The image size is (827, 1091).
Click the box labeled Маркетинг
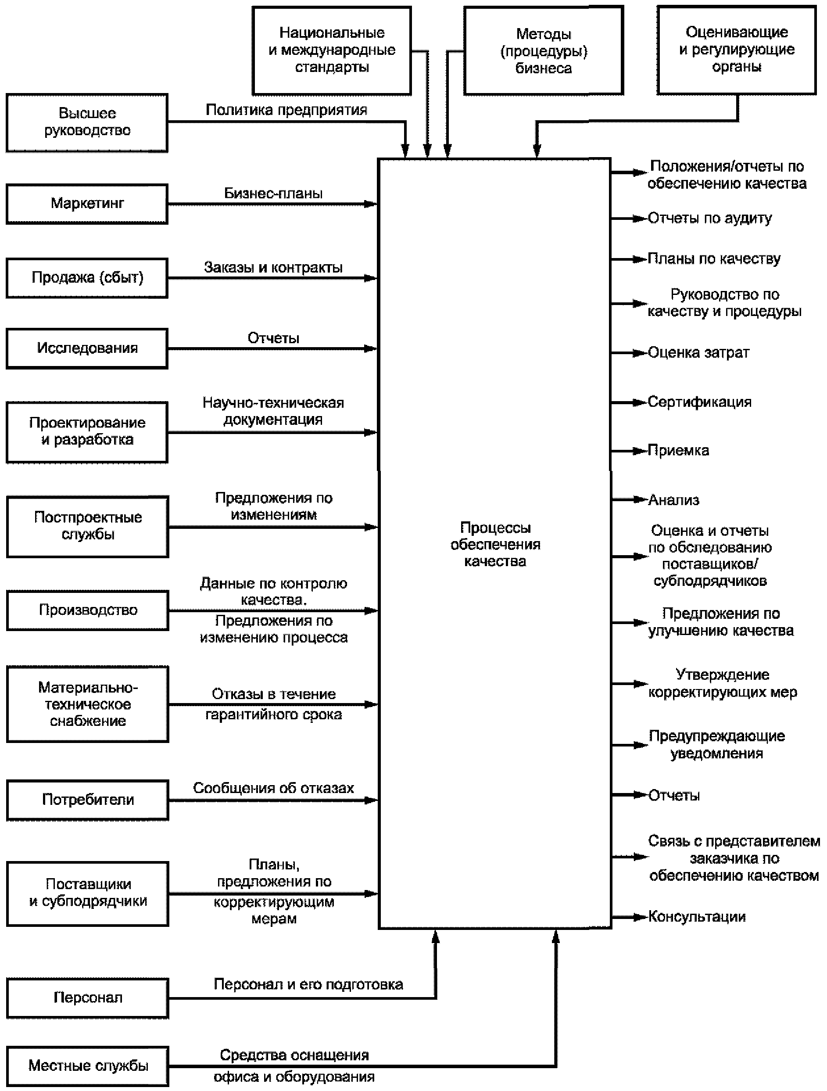(87, 204)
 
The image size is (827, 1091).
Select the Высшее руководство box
(87, 122)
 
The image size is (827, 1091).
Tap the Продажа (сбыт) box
(87, 278)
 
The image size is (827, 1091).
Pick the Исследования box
(87, 348)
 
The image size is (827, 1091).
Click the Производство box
(87, 610)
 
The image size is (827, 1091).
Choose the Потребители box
(87, 800)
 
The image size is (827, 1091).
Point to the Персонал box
(87, 998)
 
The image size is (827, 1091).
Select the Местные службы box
(87, 1066)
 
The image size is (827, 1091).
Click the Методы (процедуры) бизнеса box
(544, 51)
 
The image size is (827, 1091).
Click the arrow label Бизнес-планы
(273, 194)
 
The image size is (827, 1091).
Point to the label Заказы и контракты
(273, 268)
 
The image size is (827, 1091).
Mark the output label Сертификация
(699, 402)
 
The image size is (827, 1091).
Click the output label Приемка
(678, 450)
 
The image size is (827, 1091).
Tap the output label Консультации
(696, 917)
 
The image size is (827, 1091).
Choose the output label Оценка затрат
(698, 353)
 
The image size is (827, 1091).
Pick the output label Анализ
(673, 500)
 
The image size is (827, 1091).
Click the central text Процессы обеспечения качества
(495, 545)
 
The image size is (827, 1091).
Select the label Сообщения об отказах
(273, 788)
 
